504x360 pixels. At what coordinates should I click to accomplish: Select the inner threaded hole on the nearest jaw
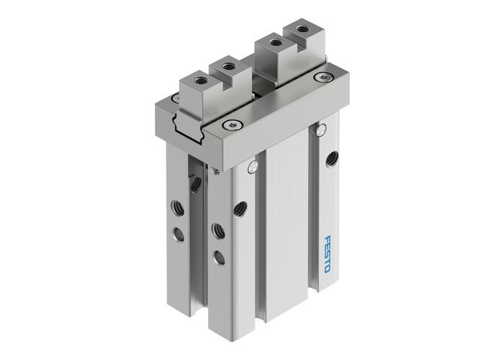[x=229, y=68]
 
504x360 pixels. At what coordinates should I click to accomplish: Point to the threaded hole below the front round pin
[x=235, y=208]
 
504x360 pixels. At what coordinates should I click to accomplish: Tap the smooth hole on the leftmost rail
[x=178, y=233]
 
